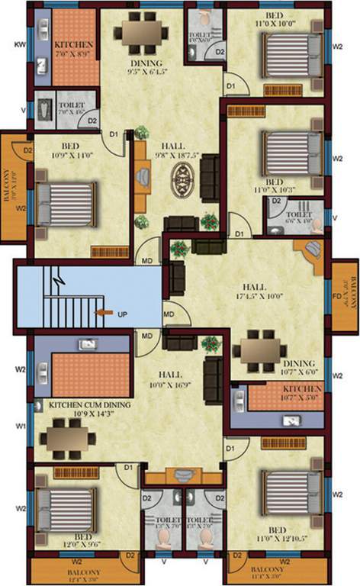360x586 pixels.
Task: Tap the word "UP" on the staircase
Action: (121, 314)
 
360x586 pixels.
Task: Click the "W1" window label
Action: (20, 425)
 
